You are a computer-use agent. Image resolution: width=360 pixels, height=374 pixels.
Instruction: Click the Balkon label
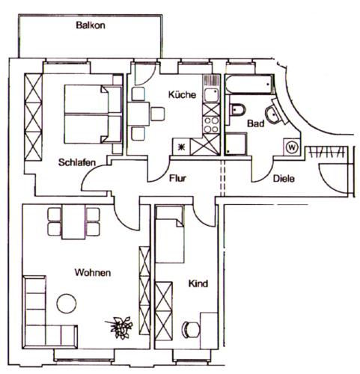point(91,25)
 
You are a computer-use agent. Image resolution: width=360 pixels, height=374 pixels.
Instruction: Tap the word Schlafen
point(77,162)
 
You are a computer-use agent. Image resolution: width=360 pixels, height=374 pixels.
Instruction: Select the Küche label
point(182,94)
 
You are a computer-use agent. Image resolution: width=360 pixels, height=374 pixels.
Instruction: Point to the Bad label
point(256,123)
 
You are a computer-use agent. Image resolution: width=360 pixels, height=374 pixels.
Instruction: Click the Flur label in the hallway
point(177,178)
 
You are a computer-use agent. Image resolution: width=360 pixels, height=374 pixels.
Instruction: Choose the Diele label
point(284,179)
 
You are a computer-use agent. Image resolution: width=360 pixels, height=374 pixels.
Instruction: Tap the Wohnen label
point(93,272)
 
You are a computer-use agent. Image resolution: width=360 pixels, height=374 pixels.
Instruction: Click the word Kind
point(198,283)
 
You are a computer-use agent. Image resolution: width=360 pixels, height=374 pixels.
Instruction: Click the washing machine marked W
point(292,147)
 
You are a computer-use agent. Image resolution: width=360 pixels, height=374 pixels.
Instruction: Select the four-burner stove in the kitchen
point(211,125)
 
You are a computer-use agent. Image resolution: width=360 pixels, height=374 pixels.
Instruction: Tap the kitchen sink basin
point(211,95)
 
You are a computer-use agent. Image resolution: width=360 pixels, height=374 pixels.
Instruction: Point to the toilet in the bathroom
point(237,110)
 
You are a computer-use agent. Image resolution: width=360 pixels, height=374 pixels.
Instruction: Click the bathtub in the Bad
point(249,84)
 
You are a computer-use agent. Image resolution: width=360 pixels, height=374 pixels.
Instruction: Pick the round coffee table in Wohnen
point(67,304)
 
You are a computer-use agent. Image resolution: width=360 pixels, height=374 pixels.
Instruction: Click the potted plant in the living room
point(120,327)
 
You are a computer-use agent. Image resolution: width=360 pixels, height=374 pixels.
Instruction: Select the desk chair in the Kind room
point(191,330)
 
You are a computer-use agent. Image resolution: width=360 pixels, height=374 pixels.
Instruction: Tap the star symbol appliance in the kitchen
point(182,147)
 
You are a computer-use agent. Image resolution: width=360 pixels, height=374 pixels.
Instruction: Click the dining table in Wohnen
point(73,222)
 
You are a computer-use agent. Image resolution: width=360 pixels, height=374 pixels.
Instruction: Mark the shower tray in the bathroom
point(236,144)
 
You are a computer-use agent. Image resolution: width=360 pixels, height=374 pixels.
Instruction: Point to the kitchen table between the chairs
point(138,114)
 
